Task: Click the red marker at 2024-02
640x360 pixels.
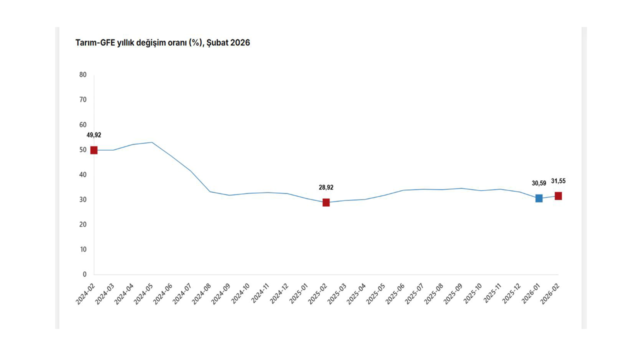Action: [x=94, y=150]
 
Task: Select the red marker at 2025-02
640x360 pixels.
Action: [x=326, y=202]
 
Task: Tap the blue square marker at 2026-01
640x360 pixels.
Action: [x=539, y=198]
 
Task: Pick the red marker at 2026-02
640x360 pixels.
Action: [x=558, y=196]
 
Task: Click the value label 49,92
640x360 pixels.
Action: [x=94, y=135]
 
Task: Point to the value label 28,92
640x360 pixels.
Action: [x=326, y=187]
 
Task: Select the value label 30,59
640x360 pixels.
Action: [x=539, y=183]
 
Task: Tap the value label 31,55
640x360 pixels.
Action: [x=558, y=181]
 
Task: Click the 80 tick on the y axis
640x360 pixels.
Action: [x=83, y=75]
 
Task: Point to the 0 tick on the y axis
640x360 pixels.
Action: [x=84, y=274]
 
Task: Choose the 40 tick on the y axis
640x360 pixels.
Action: [x=83, y=174]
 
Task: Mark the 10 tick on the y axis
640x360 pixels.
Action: [x=83, y=249]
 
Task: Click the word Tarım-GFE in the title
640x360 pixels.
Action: [x=95, y=43]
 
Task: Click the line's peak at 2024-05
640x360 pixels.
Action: [x=152, y=142]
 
